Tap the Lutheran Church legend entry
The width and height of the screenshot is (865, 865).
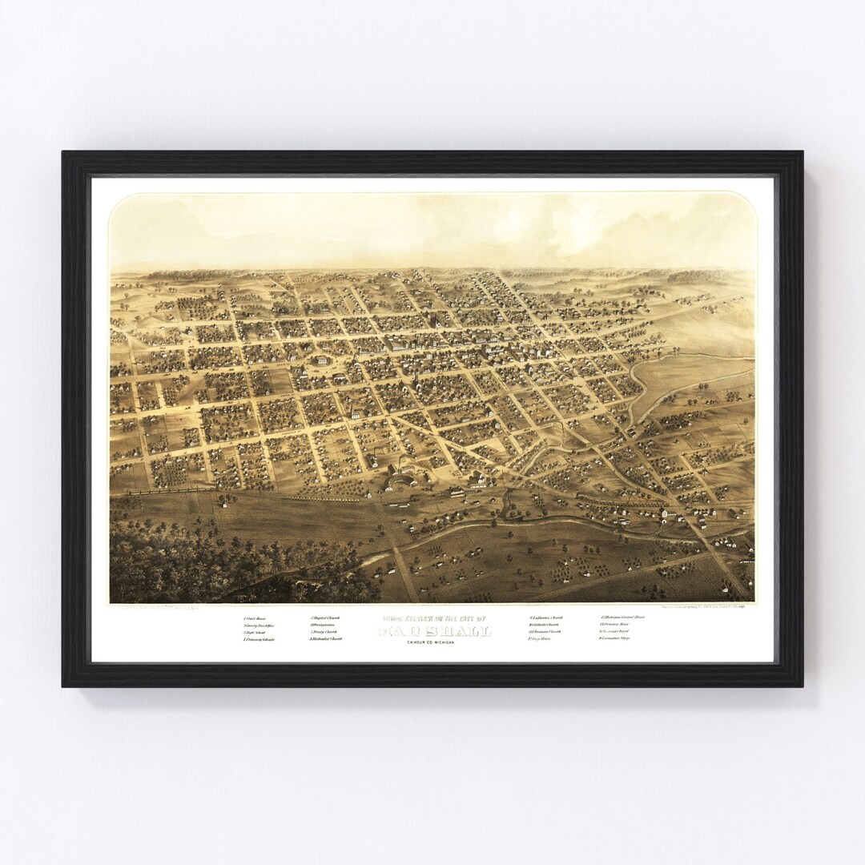click(546, 618)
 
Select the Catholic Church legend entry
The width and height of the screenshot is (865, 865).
click(545, 625)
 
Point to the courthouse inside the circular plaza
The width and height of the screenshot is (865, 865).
click(323, 361)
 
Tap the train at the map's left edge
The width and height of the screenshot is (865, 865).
click(160, 489)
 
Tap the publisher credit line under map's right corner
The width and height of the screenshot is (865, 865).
click(705, 606)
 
